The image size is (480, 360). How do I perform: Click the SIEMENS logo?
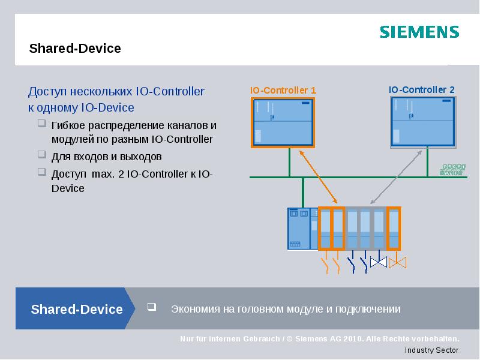pos(419,32)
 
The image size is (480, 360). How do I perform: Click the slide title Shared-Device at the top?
pos(75,49)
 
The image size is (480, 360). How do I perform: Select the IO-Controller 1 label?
pos(283,90)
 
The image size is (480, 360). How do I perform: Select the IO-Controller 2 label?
pos(422,90)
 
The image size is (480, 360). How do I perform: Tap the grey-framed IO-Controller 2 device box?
pos(422,122)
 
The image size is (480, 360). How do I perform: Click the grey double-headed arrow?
pos(396,178)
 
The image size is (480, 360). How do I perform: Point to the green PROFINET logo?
pos(454,170)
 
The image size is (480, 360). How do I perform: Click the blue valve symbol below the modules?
pos(379,262)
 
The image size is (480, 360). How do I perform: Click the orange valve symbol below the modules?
pos(397,262)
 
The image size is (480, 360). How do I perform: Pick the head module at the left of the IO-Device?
pos(298,229)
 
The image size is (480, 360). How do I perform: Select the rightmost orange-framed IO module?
pos(394,229)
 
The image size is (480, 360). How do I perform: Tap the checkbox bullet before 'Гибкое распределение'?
pos(41,124)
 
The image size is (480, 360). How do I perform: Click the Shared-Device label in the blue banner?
pos(77,310)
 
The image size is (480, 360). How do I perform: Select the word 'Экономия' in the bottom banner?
pos(193,309)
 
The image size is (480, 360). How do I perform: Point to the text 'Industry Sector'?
pos(431,350)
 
